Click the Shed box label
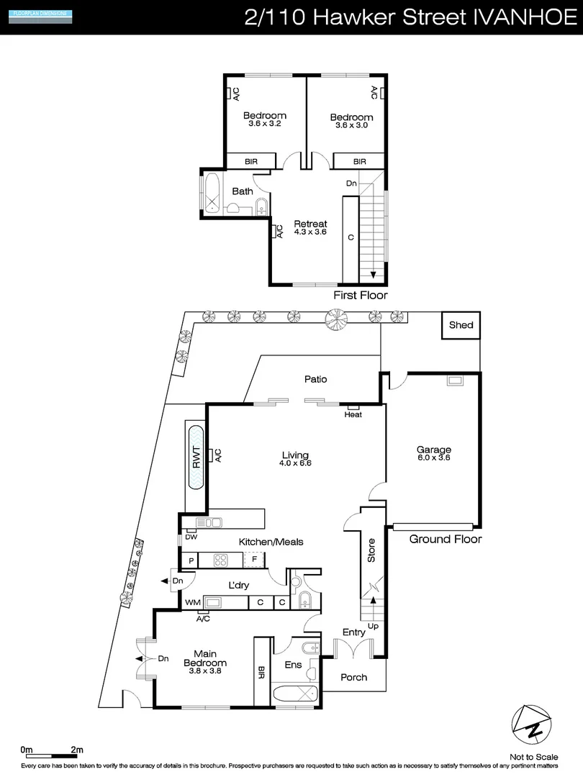461,325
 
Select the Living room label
295,455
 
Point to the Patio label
315,379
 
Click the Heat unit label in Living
353,414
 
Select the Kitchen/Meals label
271,542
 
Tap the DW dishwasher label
191,537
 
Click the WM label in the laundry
192,602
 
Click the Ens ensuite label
293,665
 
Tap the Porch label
353,677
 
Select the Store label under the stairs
371,551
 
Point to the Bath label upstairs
242,191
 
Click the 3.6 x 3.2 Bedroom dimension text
264,124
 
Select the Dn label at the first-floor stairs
351,183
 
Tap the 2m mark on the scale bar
76,750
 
